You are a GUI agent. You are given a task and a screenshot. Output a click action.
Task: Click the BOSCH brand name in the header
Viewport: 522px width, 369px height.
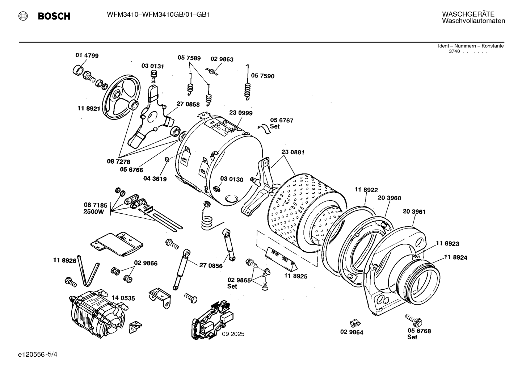pyautogui.click(x=54, y=16)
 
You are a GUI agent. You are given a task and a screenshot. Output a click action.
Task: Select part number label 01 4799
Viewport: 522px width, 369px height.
pyautogui.click(x=87, y=55)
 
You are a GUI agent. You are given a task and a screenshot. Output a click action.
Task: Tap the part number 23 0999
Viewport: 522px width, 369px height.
pyautogui.click(x=241, y=113)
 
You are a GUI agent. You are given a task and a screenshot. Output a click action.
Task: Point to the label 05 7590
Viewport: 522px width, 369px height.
pyautogui.click(x=263, y=76)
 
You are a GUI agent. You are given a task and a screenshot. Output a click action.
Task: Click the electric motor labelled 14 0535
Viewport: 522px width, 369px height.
pyautogui.click(x=98, y=313)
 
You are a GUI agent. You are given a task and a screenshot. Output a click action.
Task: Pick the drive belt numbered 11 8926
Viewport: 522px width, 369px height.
pyautogui.click(x=88, y=271)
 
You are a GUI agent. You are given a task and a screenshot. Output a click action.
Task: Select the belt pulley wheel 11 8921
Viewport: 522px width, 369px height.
pyautogui.click(x=121, y=99)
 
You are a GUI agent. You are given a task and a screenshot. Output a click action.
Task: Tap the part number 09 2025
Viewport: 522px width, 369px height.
pyautogui.click(x=233, y=334)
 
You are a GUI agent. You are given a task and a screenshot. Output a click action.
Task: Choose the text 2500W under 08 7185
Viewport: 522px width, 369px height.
pyautogui.click(x=94, y=212)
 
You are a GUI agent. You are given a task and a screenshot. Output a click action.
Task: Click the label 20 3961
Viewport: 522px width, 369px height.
pyautogui.click(x=414, y=211)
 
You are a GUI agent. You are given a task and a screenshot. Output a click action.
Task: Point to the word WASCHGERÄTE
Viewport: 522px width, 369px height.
pyautogui.click(x=468, y=14)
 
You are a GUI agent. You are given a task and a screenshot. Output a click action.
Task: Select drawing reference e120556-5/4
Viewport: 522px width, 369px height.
pyautogui.click(x=38, y=355)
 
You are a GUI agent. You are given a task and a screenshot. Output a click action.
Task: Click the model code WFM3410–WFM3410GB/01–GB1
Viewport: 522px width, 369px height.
pyautogui.click(x=159, y=15)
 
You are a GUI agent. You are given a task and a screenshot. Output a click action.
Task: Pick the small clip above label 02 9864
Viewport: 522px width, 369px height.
pyautogui.click(x=355, y=323)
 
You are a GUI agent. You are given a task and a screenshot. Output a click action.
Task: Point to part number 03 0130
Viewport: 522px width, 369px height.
pyautogui.click(x=232, y=180)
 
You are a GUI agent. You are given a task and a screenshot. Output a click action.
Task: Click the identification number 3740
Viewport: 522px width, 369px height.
pyautogui.click(x=454, y=51)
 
